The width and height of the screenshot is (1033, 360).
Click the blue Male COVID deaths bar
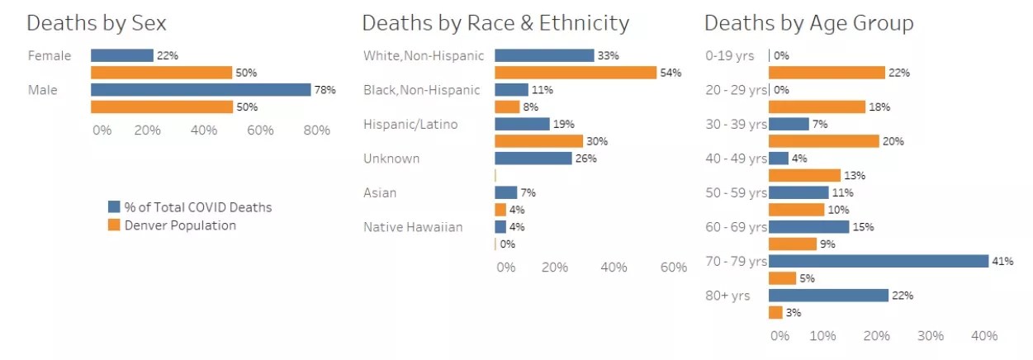pos(201,89)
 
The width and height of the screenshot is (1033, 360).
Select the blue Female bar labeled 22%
pos(121,55)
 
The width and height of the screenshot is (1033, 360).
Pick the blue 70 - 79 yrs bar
pos(878,261)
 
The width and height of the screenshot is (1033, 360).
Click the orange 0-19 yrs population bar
pos(826,73)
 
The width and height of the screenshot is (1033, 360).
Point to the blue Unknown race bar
pos(533,158)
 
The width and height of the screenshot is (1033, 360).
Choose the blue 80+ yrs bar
pos(828,295)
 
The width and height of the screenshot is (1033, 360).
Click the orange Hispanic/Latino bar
pos(538,141)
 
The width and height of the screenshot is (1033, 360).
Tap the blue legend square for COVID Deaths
pos(115,206)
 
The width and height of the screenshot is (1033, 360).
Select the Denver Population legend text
pos(180,225)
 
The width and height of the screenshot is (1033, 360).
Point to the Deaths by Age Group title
pos(808,22)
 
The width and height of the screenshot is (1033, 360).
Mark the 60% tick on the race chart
pos(674,267)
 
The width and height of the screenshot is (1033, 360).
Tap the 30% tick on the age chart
pos(930,336)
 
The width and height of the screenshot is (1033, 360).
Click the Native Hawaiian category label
pos(413,227)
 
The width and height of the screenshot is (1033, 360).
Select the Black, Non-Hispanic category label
pos(421,90)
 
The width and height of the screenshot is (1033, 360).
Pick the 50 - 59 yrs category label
pos(736,192)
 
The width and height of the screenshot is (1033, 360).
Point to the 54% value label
pos(671,73)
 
